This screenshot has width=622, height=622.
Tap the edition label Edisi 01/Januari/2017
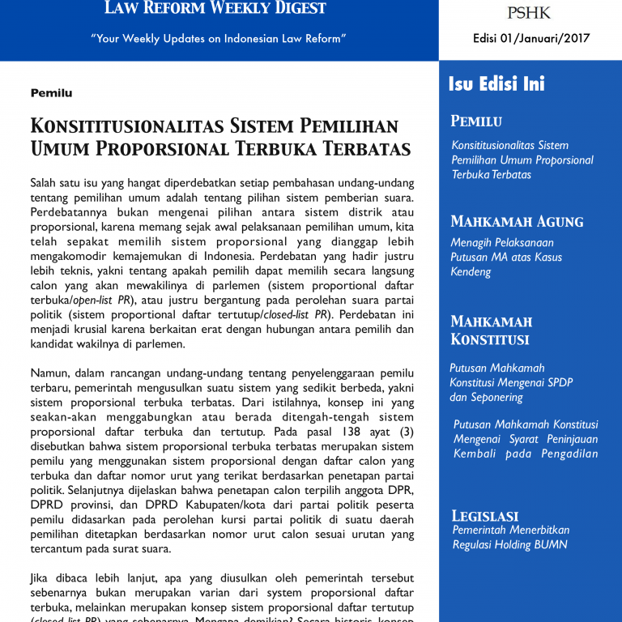pos(531,38)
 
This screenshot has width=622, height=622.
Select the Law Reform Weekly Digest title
pos(215,9)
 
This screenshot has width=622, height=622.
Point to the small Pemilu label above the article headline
pos(51,93)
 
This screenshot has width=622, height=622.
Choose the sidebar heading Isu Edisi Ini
pos(496,84)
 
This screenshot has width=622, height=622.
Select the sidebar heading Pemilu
pos(476,121)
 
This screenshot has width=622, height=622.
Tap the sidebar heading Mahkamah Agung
pos(517,221)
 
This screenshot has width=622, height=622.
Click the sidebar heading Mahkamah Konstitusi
pos(490,330)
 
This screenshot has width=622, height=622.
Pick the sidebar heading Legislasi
pos(484,515)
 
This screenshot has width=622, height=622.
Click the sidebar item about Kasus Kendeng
pos(506,257)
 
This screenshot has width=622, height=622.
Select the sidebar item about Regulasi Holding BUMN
pos(510,537)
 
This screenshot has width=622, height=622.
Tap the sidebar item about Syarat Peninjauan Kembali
pos(525,438)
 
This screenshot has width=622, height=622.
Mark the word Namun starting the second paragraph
pos(49,373)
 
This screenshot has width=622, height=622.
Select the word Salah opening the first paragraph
pos(45,184)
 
